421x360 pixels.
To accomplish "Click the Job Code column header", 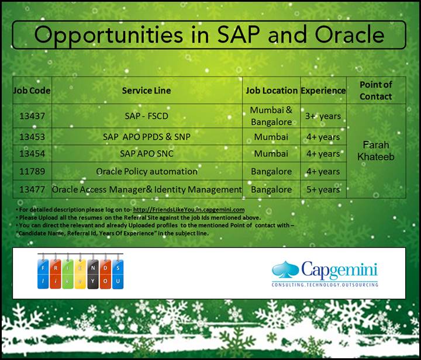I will (32, 91).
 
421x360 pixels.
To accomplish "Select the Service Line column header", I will (146, 91).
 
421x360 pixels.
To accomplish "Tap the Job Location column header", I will (271, 91).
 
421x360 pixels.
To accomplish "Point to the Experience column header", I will (323, 91).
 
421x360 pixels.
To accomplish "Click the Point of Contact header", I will (375, 90).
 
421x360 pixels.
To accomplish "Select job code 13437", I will (32, 116).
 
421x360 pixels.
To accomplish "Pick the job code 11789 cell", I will (32, 171).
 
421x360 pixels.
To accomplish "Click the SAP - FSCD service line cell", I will (146, 116).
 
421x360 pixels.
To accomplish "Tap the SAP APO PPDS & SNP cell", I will (146, 137).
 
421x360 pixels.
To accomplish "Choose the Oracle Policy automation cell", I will (146, 171).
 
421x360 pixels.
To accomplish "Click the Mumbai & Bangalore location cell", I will (271, 116).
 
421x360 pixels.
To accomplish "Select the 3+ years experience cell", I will (323, 116).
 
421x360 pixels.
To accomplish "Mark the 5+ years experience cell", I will (323, 189).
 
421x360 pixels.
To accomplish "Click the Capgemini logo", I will (325, 270).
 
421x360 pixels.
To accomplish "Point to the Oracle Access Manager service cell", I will (146, 189).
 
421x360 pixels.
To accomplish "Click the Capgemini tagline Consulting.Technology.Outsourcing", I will (325, 285).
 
